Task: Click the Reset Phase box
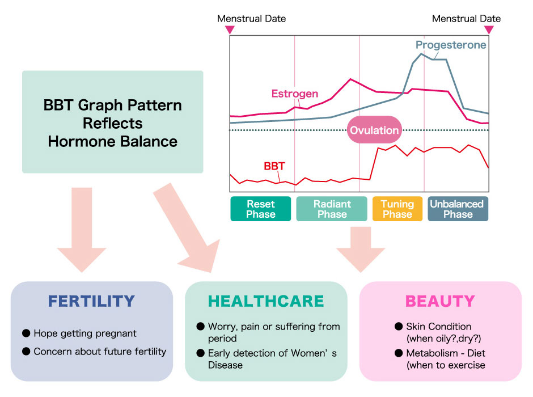tap(260, 209)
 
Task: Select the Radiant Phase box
tap(332, 209)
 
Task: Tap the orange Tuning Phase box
tap(397, 209)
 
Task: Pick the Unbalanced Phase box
tap(458, 209)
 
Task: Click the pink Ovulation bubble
tap(374, 130)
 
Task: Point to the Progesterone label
tap(451, 45)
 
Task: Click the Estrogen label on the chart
tap(294, 94)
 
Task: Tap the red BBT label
tap(274, 166)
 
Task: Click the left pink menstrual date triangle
tap(230, 30)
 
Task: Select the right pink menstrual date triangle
tap(489, 30)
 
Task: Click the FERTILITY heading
tap(92, 301)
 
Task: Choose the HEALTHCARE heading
tap(266, 301)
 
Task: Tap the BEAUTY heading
tap(440, 301)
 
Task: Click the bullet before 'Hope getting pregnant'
tap(26, 333)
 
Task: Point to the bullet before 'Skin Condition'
tap(399, 327)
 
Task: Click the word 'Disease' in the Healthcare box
tap(225, 365)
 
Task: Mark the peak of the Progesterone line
tap(421, 53)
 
